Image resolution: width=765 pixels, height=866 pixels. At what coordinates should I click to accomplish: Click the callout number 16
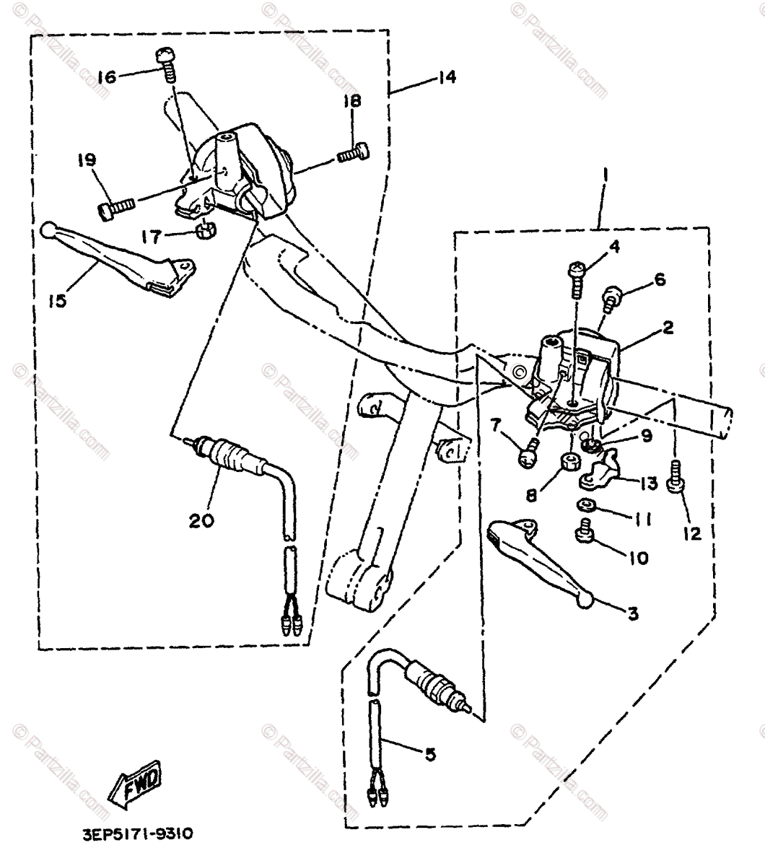pyautogui.click(x=106, y=76)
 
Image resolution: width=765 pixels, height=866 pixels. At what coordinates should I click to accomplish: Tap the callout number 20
pyautogui.click(x=202, y=520)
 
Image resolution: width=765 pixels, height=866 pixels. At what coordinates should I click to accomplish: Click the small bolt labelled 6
pyautogui.click(x=611, y=296)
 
